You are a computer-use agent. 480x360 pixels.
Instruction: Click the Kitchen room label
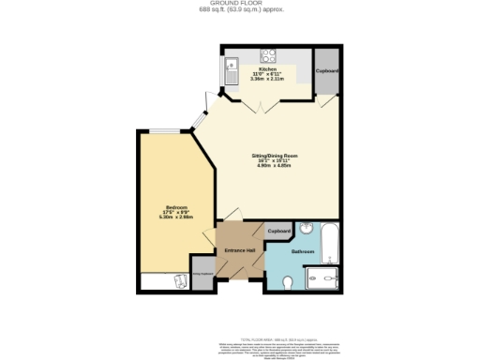pos(267,68)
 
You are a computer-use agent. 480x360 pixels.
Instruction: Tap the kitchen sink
pos(232,67)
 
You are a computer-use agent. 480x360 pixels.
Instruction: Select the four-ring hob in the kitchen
pos(268,53)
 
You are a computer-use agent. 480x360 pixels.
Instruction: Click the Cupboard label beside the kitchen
pos(326,70)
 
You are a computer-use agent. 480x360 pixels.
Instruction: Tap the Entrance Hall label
pos(239,250)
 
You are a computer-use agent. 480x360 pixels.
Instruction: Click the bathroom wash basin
pos(307,229)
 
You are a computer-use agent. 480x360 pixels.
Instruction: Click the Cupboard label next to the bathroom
pos(278,232)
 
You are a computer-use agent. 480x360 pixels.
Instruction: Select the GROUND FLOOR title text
pos(241,4)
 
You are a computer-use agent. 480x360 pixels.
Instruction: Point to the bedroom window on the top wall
pos(161,131)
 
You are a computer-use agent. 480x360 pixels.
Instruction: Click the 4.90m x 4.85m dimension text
pos(267,166)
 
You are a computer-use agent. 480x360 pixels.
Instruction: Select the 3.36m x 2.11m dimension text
pos(267,80)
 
